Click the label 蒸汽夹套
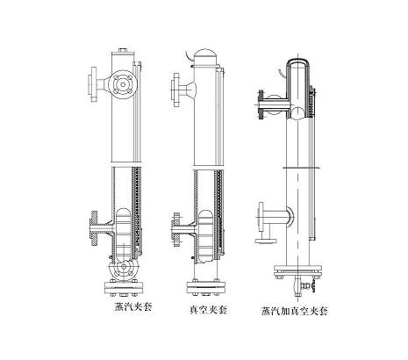pos(133,307)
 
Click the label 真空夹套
pos(208,310)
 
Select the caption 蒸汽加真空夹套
pos(294,311)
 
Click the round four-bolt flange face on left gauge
pos(124,85)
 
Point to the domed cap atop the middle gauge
pos(205,56)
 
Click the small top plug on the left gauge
pos(123,51)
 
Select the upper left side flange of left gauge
pos(94,84)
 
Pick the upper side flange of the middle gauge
pos(176,90)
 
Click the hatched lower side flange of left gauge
pos(94,228)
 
